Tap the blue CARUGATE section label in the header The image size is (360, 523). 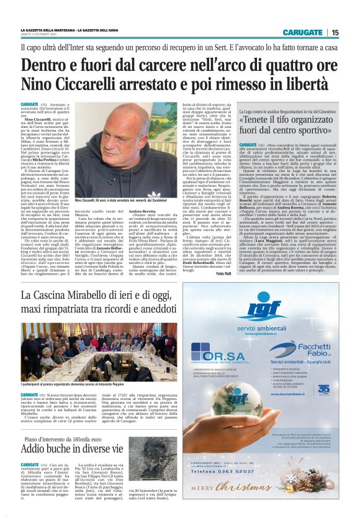pos(302,32)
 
